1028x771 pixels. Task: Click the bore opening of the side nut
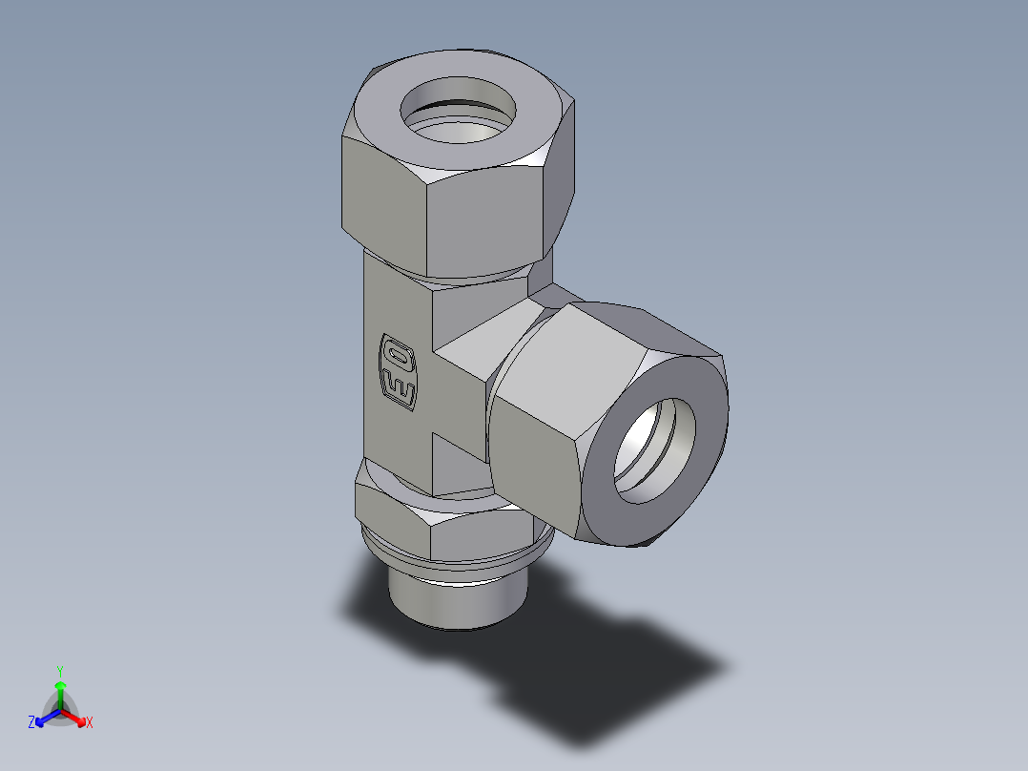tap(653, 448)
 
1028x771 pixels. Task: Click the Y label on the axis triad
tap(59, 670)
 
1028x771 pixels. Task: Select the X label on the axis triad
tap(90, 723)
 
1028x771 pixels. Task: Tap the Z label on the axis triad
tap(31, 723)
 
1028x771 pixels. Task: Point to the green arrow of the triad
tap(60, 692)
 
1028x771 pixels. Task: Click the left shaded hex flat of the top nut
tap(381, 191)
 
